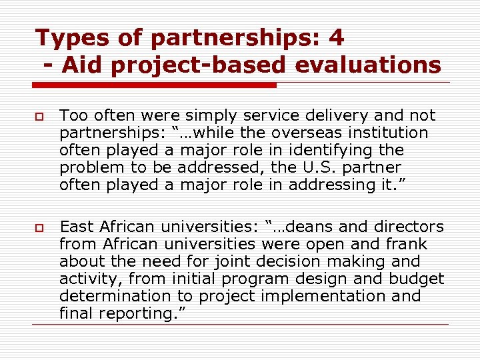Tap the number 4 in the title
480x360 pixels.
(x=337, y=37)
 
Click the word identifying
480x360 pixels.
(x=334, y=150)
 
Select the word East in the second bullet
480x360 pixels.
(x=77, y=227)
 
